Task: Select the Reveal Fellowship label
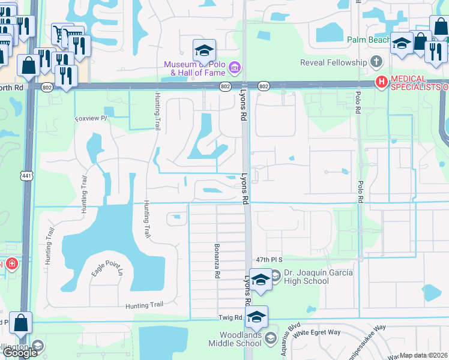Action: (335, 62)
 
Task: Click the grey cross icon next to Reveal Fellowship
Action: (376, 62)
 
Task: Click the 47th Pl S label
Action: (268, 259)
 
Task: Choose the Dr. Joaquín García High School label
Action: (318, 277)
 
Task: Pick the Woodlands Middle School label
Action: (235, 339)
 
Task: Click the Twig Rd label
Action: (229, 317)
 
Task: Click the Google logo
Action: (19, 353)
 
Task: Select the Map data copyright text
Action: (424, 355)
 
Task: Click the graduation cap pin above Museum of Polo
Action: (204, 50)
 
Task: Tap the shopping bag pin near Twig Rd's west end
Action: (21, 323)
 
